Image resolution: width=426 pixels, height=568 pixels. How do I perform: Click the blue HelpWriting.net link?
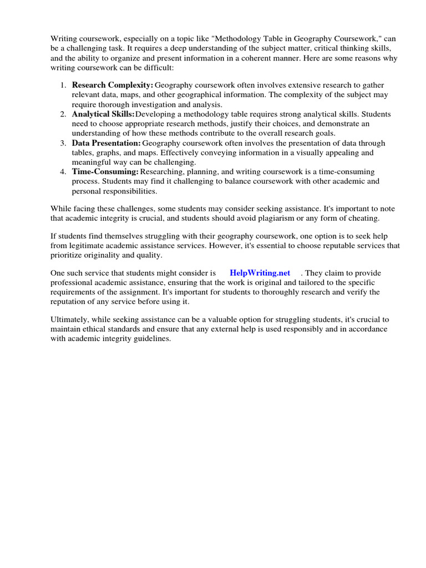click(x=260, y=273)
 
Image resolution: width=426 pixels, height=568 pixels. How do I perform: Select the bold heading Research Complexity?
click(x=113, y=85)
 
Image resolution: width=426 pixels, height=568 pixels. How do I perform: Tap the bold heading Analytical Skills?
click(x=103, y=114)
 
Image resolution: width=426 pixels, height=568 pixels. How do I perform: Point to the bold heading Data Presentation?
click(x=106, y=143)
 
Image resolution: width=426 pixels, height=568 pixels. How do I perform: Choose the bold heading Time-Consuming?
click(x=105, y=172)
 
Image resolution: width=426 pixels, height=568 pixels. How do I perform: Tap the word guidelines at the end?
click(x=147, y=339)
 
